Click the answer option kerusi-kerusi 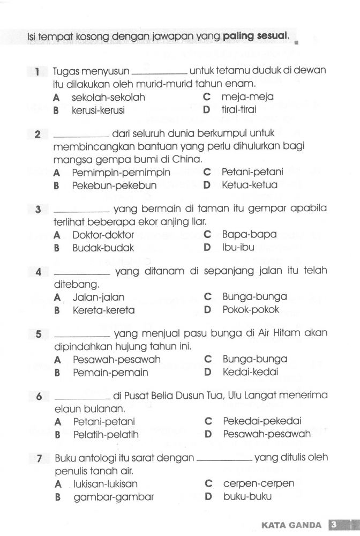coord(98,110)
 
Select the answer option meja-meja coord(247,98)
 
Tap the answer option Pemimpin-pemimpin coord(121,173)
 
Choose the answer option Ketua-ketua coord(250,185)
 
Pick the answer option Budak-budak coord(103,248)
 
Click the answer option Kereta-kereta coord(103,310)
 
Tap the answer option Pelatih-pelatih coord(106,434)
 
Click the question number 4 coord(38,272)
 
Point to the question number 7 coord(39,458)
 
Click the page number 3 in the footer coord(333,524)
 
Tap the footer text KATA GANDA coord(291,525)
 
